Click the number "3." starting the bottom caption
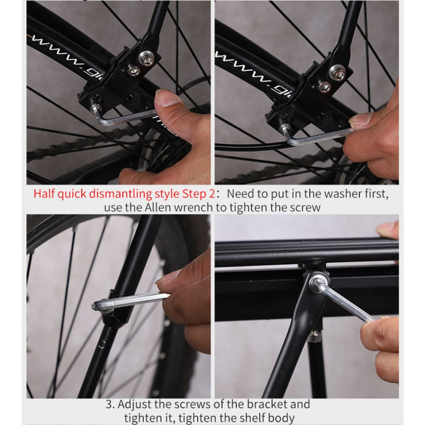[x=110, y=404]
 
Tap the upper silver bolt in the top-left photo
[x=146, y=58]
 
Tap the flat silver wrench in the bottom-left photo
[x=131, y=301]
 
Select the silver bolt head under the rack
[x=316, y=282]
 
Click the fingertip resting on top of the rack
[x=387, y=229]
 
